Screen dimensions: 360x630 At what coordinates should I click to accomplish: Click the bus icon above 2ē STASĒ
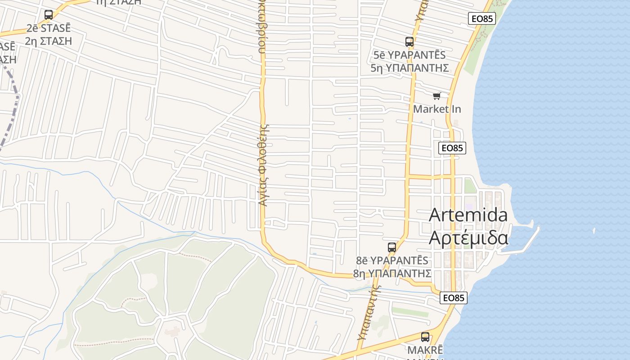pyautogui.click(x=48, y=15)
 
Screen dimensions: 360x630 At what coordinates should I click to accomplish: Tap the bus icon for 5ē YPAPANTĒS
pyautogui.click(x=409, y=42)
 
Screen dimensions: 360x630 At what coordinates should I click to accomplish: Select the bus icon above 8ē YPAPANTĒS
pyautogui.click(x=392, y=247)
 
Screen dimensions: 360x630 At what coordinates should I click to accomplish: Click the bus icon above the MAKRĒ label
pyautogui.click(x=425, y=337)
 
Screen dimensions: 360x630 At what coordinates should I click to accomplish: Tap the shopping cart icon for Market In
pyautogui.click(x=436, y=96)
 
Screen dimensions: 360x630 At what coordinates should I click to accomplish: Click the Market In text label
pyautogui.click(x=437, y=109)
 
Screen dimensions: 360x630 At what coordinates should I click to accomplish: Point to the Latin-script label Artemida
pyautogui.click(x=468, y=215)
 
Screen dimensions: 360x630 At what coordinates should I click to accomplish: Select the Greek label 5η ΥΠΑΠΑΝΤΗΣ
pyautogui.click(x=409, y=68)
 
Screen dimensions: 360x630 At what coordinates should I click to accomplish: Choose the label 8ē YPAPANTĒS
pyautogui.click(x=392, y=261)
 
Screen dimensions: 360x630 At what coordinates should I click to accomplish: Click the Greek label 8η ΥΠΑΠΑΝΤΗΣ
pyautogui.click(x=392, y=273)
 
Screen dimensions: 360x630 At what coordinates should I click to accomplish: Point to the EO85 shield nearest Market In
pyautogui.click(x=452, y=148)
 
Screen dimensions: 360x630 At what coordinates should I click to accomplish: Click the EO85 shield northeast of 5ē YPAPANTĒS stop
pyautogui.click(x=481, y=18)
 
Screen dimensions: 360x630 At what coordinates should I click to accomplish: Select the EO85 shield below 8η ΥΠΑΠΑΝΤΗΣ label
pyautogui.click(x=454, y=297)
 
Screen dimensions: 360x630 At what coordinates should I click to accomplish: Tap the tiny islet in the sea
pyautogui.click(x=594, y=231)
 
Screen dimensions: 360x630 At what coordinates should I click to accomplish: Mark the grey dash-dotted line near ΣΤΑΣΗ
pyautogui.click(x=13, y=108)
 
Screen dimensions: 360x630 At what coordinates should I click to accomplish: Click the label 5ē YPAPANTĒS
pyautogui.click(x=409, y=55)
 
